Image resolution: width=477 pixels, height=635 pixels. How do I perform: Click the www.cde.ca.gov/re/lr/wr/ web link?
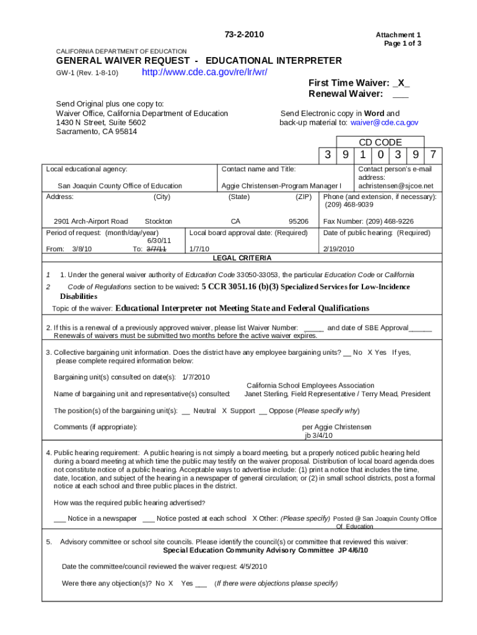tap(204, 73)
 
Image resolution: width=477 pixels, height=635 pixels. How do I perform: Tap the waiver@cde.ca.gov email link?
tap(384, 123)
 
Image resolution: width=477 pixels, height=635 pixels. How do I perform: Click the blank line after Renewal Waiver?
tap(400, 94)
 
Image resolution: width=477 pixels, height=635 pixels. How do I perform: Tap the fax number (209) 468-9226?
tap(380, 221)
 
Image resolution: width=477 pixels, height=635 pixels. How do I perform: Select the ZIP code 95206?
tap(298, 221)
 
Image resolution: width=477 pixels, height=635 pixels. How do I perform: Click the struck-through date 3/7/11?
tap(155, 249)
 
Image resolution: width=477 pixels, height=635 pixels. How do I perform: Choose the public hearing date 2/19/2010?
tap(339, 249)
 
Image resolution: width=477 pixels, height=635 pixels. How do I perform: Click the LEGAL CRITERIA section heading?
tap(242, 258)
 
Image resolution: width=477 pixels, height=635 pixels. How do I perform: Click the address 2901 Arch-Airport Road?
tap(90, 221)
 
